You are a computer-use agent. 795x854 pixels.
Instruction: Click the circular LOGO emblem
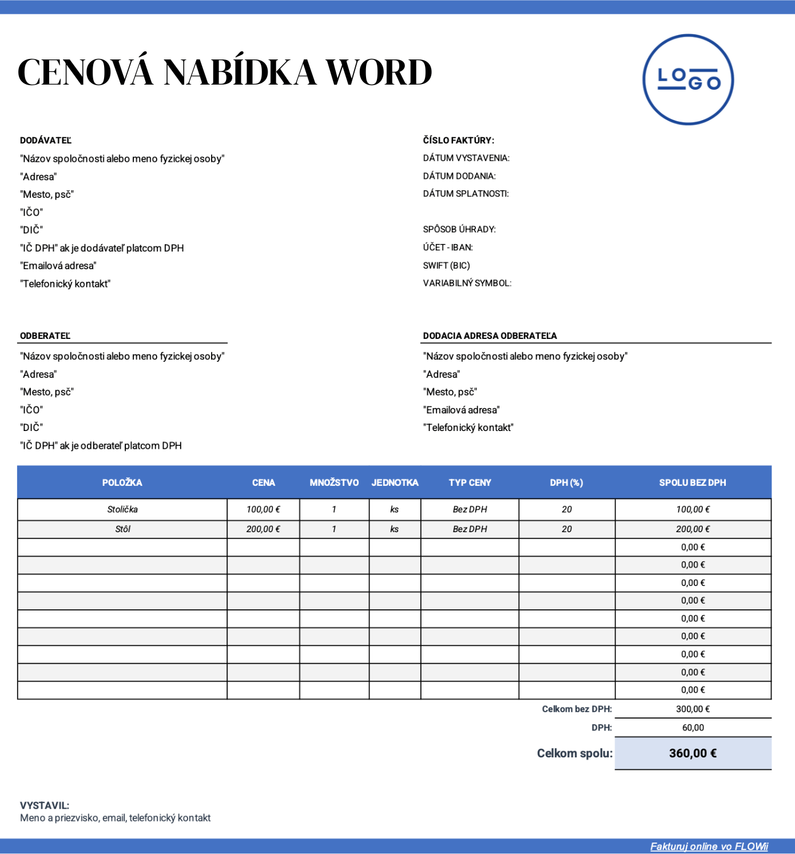pos(688,79)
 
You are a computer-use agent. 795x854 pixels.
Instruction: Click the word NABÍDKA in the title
pos(240,73)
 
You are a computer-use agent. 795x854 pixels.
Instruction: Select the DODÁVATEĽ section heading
pos(46,141)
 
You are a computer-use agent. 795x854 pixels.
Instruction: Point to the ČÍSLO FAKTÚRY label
pos(458,141)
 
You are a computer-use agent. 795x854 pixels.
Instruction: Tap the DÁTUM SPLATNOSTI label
pos(466,194)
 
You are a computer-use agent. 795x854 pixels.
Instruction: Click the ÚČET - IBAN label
pos(448,248)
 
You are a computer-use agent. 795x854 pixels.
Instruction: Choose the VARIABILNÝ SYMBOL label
pos(467,284)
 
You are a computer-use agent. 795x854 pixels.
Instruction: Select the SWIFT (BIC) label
pos(446,266)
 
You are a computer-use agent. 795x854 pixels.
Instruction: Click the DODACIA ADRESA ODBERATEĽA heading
pos(490,336)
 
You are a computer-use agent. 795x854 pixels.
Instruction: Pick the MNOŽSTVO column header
pos(334,483)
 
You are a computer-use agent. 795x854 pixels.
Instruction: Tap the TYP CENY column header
pos(470,483)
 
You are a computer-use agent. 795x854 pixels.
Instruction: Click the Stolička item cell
pos(122,509)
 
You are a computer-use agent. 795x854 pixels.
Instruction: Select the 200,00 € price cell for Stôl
pos(263,529)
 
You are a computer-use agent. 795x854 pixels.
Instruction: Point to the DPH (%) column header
pos(566,483)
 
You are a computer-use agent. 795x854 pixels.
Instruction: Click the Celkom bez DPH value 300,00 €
pos(693,709)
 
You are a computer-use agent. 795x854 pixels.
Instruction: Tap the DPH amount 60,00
pos(693,728)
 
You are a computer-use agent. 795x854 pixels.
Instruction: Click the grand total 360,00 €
pos(693,753)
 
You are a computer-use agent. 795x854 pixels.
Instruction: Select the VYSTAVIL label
pos(45,806)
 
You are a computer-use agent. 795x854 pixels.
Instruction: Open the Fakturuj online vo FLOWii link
pos(709,847)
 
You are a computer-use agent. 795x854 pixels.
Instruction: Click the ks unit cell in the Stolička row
pos(395,509)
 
